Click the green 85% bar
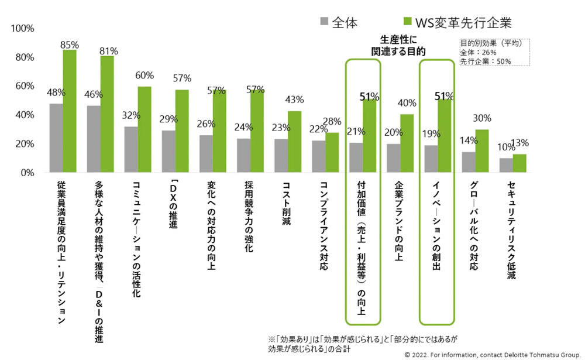(70, 111)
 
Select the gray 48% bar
(56, 138)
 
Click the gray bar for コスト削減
(281, 156)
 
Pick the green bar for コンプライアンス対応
(332, 153)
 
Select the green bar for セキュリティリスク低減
(519, 163)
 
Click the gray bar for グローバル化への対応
(469, 162)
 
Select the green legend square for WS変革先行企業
(408, 23)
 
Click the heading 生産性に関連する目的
(398, 46)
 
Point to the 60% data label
(144, 76)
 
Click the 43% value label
(294, 100)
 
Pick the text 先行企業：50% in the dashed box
(486, 61)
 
